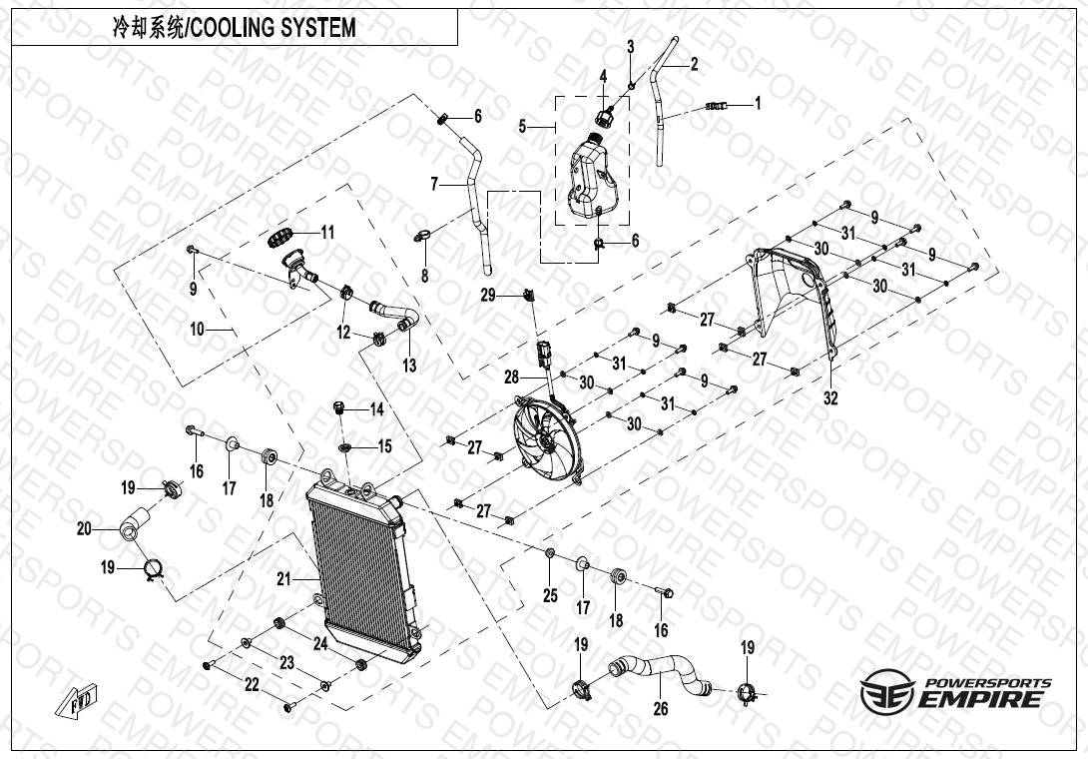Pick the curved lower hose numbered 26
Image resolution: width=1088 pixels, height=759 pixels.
pos(660,673)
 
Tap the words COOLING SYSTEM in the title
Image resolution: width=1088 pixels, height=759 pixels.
pos(272,28)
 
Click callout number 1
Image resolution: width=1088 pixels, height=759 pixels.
pos(758,103)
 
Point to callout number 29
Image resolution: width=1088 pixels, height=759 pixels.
pos(488,296)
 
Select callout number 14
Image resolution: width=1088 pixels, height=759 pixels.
pos(376,409)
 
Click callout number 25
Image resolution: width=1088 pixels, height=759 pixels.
pos(550,595)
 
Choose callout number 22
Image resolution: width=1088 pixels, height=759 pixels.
pos(252,685)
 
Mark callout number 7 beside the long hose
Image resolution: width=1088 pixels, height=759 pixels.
pos(434,184)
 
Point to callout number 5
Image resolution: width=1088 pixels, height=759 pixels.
pos(522,127)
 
